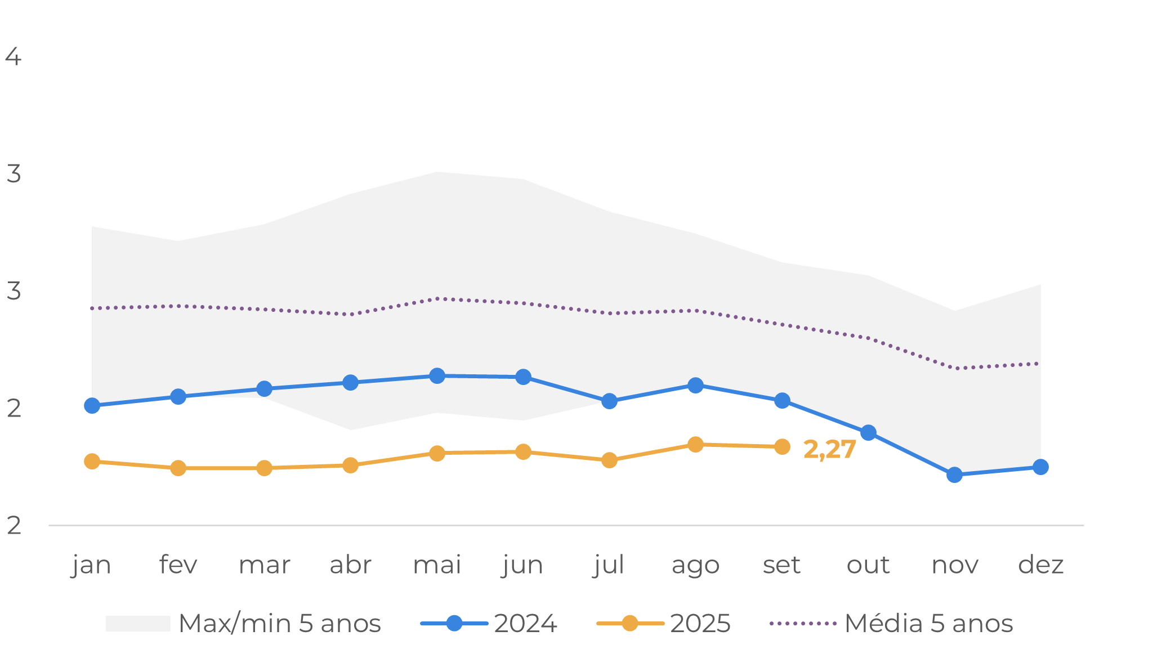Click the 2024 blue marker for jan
point(92,406)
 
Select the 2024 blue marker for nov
point(954,475)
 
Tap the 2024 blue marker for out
point(868,433)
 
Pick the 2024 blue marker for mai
point(437,376)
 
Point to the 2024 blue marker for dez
point(1041,467)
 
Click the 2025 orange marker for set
point(782,447)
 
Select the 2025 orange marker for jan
point(92,462)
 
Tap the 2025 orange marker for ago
point(696,445)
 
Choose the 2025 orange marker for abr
point(350,465)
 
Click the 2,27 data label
point(830,450)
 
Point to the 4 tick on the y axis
point(14,57)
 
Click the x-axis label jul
point(609,565)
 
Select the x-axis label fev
point(178,565)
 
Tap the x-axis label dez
point(1041,565)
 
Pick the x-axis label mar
point(264,565)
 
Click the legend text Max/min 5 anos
point(280,624)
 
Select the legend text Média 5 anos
point(929,624)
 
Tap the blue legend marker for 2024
point(454,624)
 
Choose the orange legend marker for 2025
point(630,624)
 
